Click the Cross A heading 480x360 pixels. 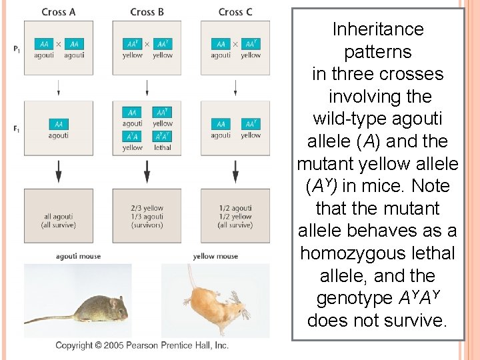58,11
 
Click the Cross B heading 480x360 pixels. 147,11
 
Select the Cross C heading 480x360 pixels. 235,11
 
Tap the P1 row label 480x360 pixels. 16,49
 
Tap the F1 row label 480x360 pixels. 16,129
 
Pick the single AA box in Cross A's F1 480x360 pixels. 59,124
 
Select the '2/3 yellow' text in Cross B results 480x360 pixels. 147,208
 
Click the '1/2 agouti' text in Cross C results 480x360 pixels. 235,208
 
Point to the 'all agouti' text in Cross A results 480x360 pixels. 59,217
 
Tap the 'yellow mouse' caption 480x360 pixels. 215,256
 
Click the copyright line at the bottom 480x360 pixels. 142,345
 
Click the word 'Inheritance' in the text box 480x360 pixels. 377,29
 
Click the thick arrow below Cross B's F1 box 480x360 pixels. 147,173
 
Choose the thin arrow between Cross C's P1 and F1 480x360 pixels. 235,87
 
